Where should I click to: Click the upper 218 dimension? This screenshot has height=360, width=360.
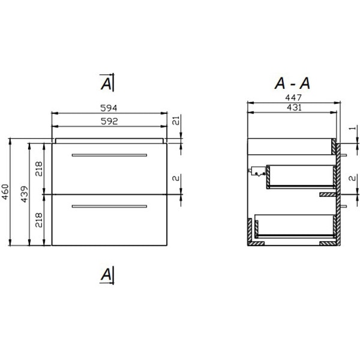38,169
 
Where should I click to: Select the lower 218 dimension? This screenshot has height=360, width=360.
38,220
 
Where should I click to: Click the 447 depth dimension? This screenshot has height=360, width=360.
292,98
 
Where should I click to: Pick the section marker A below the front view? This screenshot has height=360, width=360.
106,275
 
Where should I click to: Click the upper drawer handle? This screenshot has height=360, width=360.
109,155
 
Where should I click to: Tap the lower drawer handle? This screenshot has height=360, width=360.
109,206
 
